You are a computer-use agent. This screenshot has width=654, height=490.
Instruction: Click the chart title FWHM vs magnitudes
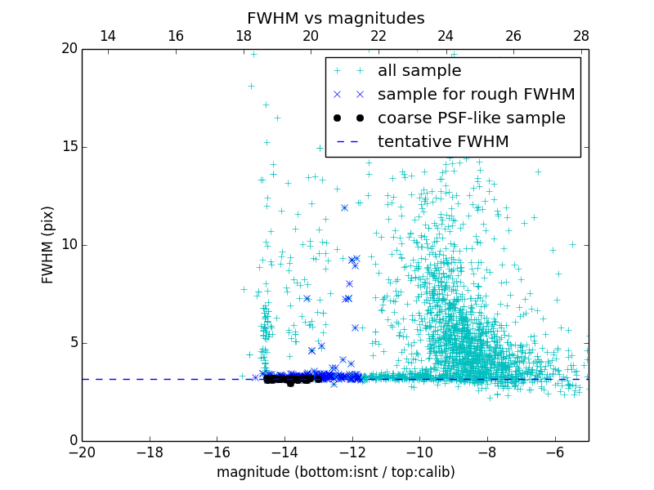click(335, 18)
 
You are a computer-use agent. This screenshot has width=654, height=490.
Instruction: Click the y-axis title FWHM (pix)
click(48, 244)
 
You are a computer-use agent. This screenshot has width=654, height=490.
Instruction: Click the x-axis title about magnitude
click(335, 472)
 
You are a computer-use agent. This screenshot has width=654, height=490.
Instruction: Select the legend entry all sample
click(419, 71)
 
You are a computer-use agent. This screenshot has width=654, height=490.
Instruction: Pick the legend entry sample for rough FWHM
click(476, 95)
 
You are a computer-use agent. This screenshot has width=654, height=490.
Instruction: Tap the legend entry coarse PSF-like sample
click(471, 118)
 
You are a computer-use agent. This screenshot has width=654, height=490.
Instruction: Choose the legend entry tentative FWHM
click(442, 142)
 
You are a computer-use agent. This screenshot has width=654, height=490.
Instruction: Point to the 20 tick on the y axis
click(69, 49)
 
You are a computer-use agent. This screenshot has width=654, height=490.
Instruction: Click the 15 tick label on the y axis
click(69, 147)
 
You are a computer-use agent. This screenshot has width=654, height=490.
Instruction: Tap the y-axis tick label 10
click(69, 245)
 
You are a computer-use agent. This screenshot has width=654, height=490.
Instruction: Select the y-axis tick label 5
click(73, 343)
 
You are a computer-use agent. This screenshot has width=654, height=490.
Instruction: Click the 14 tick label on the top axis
click(107, 36)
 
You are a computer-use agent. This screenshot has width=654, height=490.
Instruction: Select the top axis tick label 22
click(378, 36)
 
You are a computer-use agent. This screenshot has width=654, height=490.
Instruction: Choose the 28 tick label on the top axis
click(580, 36)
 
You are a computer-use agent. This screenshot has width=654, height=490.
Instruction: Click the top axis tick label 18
click(243, 36)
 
